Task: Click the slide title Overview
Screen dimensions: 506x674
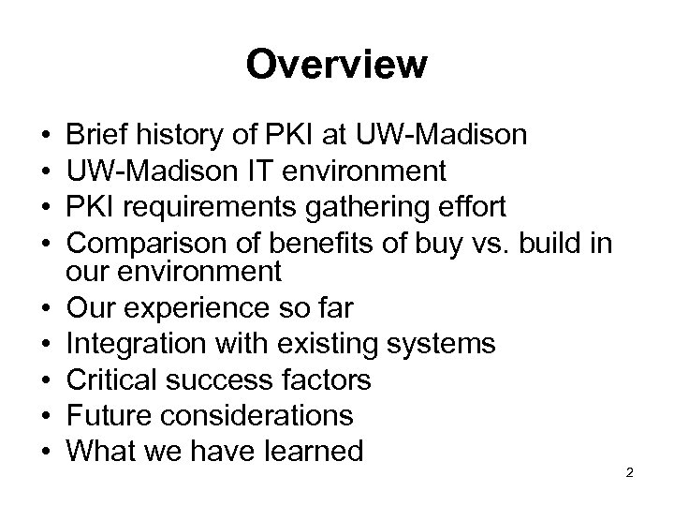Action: (336, 65)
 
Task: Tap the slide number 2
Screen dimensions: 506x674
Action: (630, 471)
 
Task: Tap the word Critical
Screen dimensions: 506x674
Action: (117, 379)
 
